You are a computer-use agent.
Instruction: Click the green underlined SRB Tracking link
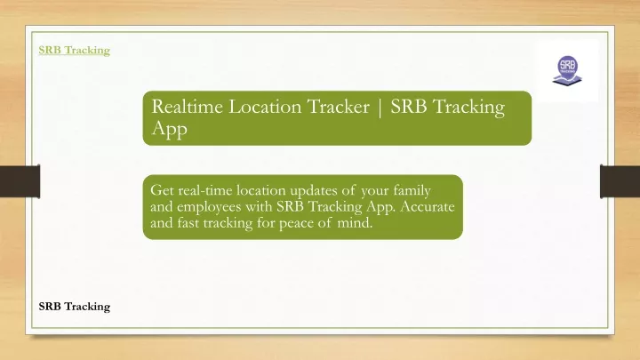click(75, 50)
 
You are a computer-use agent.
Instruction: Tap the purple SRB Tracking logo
click(567, 70)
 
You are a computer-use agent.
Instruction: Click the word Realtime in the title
click(188, 107)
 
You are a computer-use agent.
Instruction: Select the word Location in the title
click(265, 107)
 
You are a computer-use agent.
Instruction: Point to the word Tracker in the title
click(338, 107)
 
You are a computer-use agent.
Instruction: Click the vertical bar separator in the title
click(380, 108)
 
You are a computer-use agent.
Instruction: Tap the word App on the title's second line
click(170, 129)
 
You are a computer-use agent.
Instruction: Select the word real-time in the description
click(205, 190)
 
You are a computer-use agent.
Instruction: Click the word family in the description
click(412, 191)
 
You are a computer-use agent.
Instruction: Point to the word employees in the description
click(209, 207)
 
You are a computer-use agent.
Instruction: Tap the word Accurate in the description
click(427, 206)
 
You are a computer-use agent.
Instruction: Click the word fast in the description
click(188, 223)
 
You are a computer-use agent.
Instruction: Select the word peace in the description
click(295, 224)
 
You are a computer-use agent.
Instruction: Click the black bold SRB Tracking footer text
click(75, 307)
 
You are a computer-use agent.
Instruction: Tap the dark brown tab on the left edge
click(20, 181)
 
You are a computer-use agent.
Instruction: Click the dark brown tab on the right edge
click(620, 181)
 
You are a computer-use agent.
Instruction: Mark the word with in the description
click(259, 206)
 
